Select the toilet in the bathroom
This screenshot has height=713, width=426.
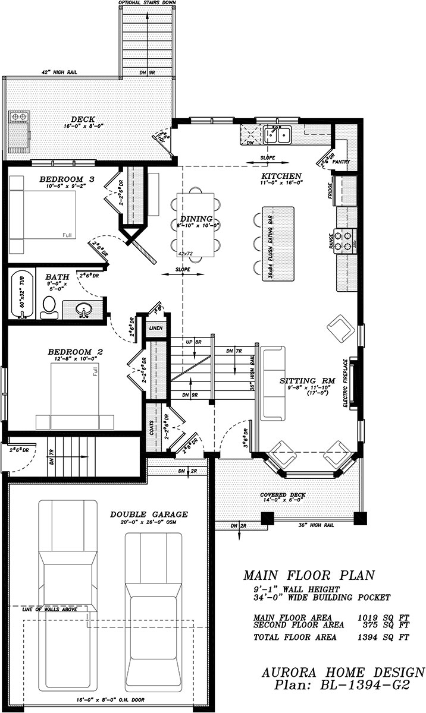pos(49,307)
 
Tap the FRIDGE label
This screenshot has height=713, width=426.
pos(330,191)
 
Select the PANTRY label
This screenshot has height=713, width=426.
pos(341,162)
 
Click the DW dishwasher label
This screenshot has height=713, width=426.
pos(250,143)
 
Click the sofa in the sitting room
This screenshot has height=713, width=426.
pos(272,381)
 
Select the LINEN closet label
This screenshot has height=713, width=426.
pos(155,328)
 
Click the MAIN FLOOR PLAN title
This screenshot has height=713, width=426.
pos(309,575)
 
